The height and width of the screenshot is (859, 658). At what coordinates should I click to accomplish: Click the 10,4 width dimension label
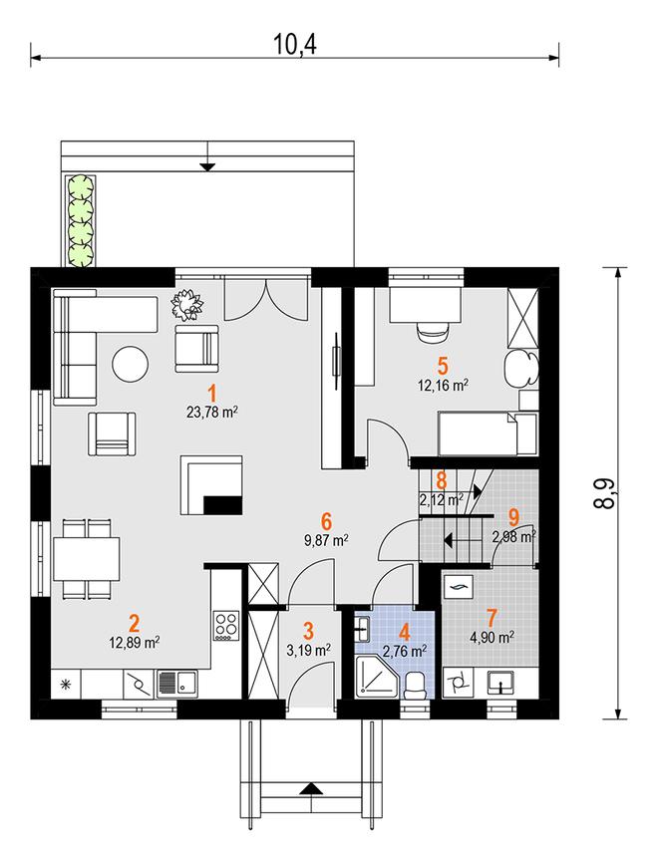(x=295, y=46)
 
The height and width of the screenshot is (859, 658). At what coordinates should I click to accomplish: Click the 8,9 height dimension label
(x=604, y=492)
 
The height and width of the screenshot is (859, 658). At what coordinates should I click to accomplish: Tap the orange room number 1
(x=212, y=394)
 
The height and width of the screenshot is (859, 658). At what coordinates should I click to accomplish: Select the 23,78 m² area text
(x=212, y=412)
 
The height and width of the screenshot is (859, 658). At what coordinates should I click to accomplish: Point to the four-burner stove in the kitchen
(x=226, y=626)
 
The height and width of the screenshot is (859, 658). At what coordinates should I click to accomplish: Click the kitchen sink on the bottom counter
(x=177, y=684)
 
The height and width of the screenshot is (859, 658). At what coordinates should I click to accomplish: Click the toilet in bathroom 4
(x=416, y=686)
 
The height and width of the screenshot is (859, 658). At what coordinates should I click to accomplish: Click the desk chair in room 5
(x=434, y=333)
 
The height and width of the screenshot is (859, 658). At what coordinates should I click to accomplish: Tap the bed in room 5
(x=488, y=434)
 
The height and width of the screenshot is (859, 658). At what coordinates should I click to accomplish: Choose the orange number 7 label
(x=492, y=618)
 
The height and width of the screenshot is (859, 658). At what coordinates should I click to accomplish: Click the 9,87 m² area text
(x=327, y=541)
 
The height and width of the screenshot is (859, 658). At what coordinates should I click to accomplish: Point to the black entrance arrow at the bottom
(x=311, y=789)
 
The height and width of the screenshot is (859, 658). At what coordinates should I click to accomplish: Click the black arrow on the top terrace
(x=207, y=167)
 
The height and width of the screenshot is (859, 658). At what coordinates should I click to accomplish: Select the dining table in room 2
(x=87, y=558)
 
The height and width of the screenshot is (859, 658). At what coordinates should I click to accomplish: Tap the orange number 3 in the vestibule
(x=308, y=631)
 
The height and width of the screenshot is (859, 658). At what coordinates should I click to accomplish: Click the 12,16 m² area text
(x=443, y=385)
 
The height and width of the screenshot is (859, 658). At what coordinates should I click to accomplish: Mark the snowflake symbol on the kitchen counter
(x=66, y=684)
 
